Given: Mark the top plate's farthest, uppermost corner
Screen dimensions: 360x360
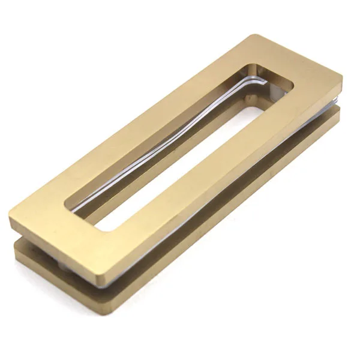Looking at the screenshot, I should click(251, 35).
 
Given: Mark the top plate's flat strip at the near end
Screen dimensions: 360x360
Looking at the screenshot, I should click(66, 216).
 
